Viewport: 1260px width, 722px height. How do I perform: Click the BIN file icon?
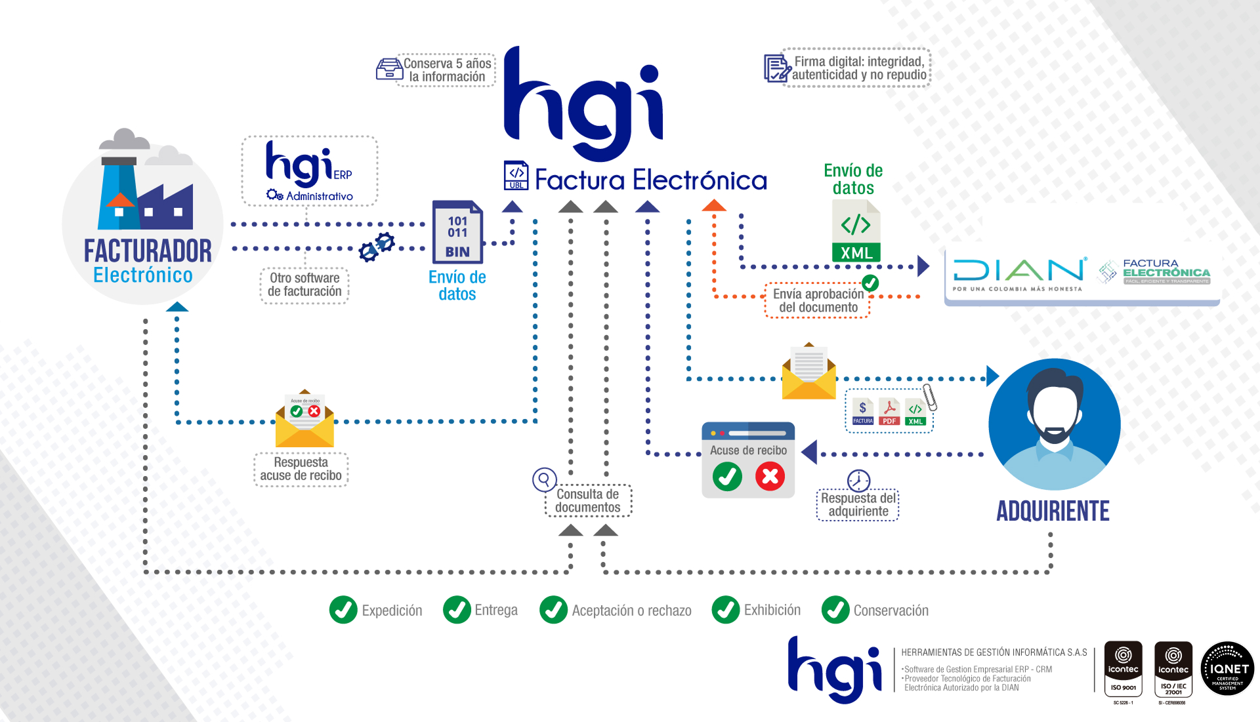click(x=457, y=232)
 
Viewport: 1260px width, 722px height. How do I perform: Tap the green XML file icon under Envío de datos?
click(x=856, y=231)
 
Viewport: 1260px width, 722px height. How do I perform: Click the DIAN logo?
click(x=1019, y=273)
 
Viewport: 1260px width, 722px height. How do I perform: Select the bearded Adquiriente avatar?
click(x=1054, y=424)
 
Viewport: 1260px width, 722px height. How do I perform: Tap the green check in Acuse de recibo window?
click(x=727, y=477)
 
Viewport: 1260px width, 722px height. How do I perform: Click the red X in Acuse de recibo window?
click(x=770, y=477)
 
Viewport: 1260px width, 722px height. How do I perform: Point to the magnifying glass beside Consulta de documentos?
click(x=544, y=479)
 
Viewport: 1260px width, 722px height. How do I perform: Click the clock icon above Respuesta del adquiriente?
click(x=858, y=480)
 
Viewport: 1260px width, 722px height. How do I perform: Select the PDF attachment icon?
click(x=889, y=412)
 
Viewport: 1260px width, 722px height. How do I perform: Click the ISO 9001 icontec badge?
click(x=1123, y=669)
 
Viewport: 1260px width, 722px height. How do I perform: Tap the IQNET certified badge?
click(x=1227, y=669)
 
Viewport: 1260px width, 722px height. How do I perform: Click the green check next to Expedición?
click(x=343, y=610)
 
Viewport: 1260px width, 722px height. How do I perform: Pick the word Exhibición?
click(x=772, y=610)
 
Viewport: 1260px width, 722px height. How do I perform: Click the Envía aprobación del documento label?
click(x=818, y=301)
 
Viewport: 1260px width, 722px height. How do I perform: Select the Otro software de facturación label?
click(x=304, y=285)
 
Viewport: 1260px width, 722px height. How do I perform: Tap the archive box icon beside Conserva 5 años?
click(x=389, y=69)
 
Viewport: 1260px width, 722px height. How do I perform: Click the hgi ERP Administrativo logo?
click(x=309, y=171)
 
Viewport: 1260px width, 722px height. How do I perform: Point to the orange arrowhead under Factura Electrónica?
click(x=714, y=206)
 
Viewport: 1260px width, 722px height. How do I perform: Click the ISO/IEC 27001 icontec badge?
click(x=1173, y=669)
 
